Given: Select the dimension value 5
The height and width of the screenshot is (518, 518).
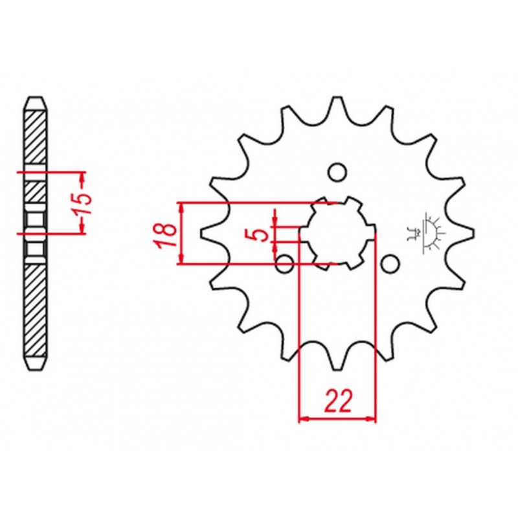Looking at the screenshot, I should click(261, 233).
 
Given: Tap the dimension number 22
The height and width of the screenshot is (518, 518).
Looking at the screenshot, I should click(337, 402).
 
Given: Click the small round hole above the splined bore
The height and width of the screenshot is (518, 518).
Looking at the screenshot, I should click(336, 172).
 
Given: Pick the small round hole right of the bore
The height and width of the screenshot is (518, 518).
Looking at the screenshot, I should click(389, 264).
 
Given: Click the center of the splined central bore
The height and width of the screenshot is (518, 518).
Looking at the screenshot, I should click(337, 233).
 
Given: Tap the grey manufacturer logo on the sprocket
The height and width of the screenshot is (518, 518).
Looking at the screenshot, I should click(428, 233).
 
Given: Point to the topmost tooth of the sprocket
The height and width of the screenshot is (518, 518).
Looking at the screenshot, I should click(337, 104).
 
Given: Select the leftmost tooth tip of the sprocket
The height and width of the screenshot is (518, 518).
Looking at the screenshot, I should click(206, 233).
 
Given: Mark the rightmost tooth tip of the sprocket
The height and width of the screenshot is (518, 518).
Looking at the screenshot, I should click(467, 233).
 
